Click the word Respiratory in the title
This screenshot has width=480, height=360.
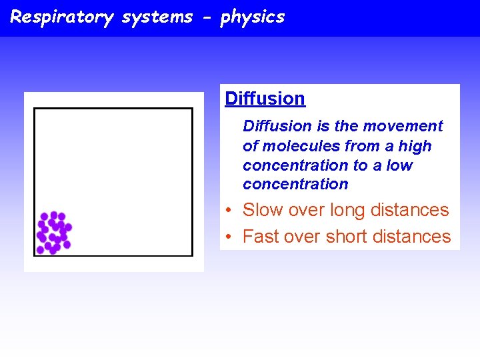point(61,17)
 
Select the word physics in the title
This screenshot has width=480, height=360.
point(253,17)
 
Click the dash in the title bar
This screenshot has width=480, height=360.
point(209,17)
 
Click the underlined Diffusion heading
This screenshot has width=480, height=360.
point(265,99)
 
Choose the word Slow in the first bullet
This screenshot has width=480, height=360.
point(263,210)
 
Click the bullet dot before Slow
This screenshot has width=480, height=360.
point(228,211)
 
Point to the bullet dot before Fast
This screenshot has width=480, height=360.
point(228,237)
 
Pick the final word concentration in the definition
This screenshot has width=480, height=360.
point(295,184)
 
